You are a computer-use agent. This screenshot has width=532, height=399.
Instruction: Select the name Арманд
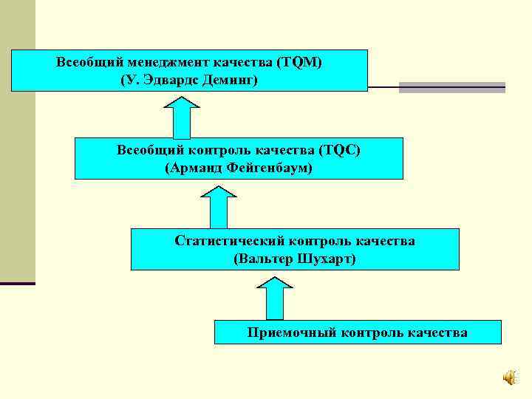pyautogui.click(x=191, y=168)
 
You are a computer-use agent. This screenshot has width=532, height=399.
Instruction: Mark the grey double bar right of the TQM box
pyautogui.click(x=451, y=87)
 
